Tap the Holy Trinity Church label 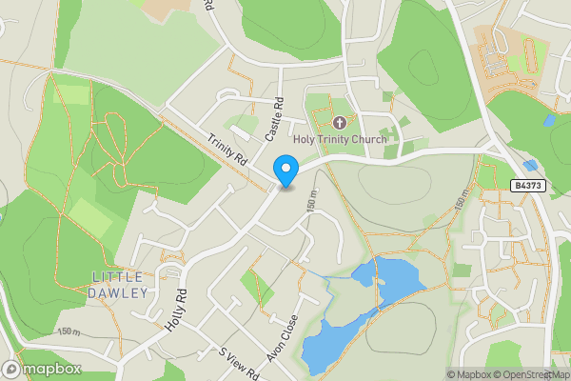[340, 140]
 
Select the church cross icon [341, 123]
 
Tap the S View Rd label [238, 362]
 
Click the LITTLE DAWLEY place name [120, 284]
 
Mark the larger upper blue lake [388, 276]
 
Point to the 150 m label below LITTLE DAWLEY [69, 331]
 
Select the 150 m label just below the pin [310, 200]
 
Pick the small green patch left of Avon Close [253, 286]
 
